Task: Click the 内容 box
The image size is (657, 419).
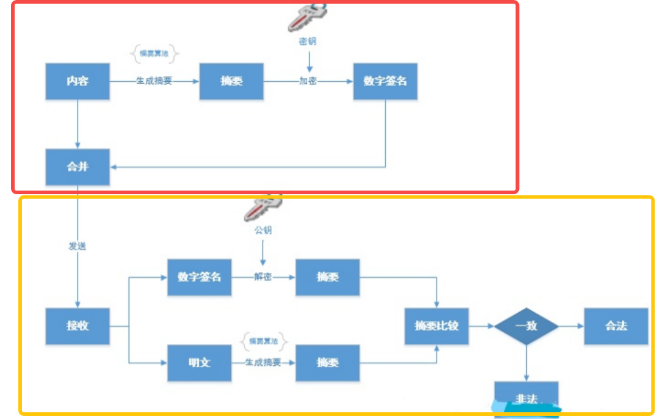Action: pos(78,81)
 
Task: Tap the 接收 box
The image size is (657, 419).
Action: pos(78,326)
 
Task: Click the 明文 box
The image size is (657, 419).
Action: pos(199,362)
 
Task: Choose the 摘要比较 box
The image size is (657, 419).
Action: pos(436,326)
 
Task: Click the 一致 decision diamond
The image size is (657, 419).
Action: pos(526,326)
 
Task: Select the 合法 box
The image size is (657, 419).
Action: pos(615,326)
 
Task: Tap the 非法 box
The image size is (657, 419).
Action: pos(526,398)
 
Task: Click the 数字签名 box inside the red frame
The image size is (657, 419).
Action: pos(385,81)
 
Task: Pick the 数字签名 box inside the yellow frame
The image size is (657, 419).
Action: pos(199,277)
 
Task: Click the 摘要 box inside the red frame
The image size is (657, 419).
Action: pos(231,81)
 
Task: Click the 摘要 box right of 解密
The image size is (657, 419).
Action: pos(327,277)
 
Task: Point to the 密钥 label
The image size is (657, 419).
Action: pos(308,42)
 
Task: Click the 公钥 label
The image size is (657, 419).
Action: pos(263,230)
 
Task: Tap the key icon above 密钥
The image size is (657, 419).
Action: pos(308,16)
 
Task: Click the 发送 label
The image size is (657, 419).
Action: pos(78,247)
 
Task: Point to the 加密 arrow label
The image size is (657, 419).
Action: pos(308,81)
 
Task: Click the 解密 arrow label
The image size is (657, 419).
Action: pos(263,277)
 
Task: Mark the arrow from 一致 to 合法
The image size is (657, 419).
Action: pos(572,326)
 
